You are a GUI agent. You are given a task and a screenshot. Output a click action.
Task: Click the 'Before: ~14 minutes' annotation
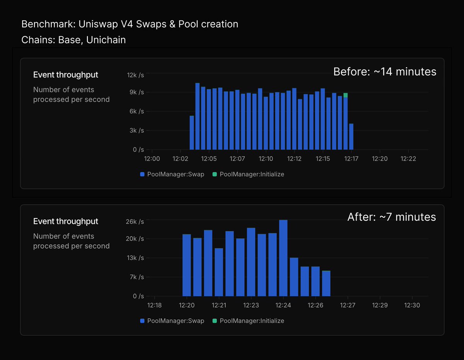(x=385, y=72)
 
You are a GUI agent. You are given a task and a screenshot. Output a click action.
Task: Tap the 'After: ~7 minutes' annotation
(x=391, y=217)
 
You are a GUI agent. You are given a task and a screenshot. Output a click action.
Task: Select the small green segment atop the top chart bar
(x=345, y=95)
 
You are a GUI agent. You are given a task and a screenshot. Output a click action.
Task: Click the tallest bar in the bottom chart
(x=283, y=258)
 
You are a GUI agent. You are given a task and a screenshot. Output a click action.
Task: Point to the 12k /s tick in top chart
(x=135, y=75)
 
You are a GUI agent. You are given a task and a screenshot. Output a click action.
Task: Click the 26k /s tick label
(x=135, y=222)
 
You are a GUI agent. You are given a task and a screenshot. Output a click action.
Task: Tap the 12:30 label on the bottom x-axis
(x=412, y=305)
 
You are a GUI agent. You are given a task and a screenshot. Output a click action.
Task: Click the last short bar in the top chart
(x=351, y=136)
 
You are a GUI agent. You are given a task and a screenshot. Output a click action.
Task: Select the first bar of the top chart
(x=192, y=133)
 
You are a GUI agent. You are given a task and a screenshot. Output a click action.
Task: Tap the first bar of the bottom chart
(x=187, y=265)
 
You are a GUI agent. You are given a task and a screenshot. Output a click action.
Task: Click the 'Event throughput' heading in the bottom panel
(x=66, y=221)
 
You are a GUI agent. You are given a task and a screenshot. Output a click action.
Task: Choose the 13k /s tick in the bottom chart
(x=135, y=258)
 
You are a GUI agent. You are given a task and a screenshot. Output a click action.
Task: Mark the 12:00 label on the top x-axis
(x=152, y=159)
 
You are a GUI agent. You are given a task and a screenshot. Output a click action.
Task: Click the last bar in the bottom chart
(x=326, y=283)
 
